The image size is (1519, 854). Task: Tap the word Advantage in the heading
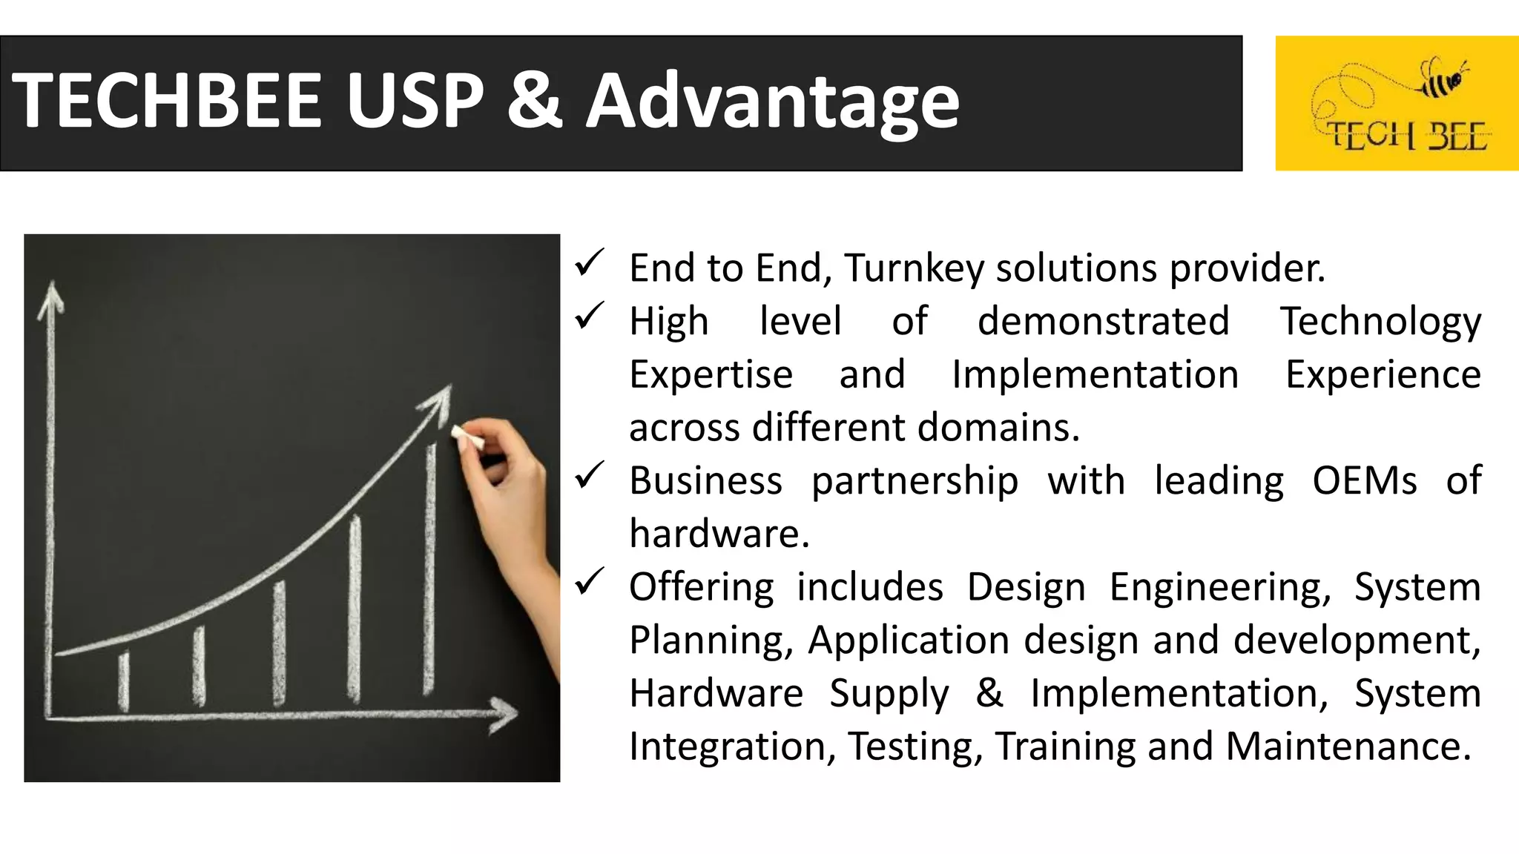point(773,102)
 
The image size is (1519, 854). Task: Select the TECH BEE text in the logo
point(1406,136)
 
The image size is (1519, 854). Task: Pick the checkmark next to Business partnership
point(590,476)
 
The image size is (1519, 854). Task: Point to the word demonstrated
point(1103,322)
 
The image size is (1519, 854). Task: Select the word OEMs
point(1364,481)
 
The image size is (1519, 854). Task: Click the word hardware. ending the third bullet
point(719,534)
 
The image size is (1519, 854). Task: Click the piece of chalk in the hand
point(467,437)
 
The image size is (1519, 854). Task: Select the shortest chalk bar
point(124,681)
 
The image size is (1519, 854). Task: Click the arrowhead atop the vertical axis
point(51,296)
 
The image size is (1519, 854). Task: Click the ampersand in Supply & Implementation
point(989,693)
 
